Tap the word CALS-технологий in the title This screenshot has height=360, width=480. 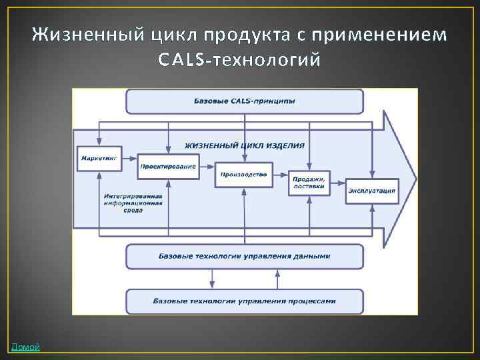click(239, 61)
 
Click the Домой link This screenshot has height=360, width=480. click(25, 347)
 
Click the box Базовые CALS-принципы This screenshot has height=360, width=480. click(245, 101)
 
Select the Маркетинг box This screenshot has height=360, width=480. click(99, 158)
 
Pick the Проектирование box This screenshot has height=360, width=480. click(168, 166)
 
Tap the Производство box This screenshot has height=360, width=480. click(243, 175)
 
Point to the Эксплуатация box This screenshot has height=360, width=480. click(371, 191)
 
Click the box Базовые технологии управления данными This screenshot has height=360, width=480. click(245, 256)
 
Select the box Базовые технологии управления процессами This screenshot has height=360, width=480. click(245, 301)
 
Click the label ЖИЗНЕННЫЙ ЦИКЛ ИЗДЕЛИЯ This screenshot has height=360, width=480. click(245, 145)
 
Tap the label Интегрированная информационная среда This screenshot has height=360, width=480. click(133, 203)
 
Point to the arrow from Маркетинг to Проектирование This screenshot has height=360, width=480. click(131, 161)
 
